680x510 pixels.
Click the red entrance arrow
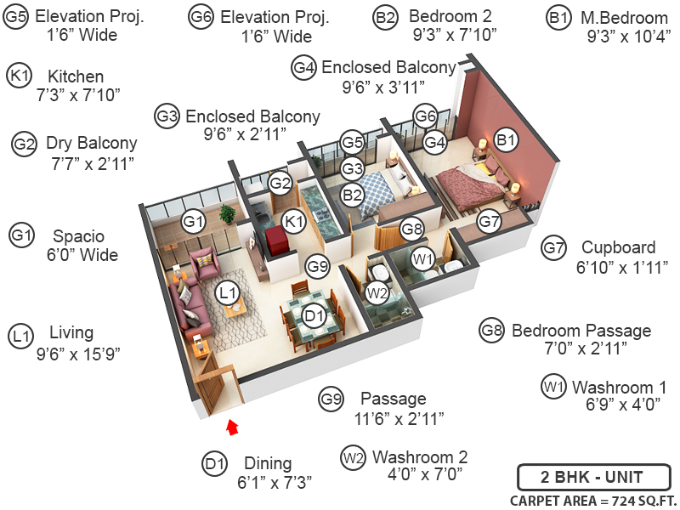[233, 426]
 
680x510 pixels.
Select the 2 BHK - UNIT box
[593, 477]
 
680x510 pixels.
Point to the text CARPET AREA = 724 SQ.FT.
[592, 500]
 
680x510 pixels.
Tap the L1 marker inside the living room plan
[226, 293]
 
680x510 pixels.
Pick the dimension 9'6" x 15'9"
[77, 354]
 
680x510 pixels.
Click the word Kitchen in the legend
[76, 76]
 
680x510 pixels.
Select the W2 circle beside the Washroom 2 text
[354, 459]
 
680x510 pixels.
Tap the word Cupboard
[618, 248]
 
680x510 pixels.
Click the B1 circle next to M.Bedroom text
[558, 17]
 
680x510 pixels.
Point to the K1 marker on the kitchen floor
[294, 222]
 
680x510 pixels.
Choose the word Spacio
[78, 235]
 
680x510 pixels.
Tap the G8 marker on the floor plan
[412, 229]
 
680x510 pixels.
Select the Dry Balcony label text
[91, 144]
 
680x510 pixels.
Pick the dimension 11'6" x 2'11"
[399, 418]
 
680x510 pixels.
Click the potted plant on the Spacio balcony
[226, 213]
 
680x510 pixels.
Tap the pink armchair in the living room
[205, 261]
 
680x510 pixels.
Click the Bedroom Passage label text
[581, 331]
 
